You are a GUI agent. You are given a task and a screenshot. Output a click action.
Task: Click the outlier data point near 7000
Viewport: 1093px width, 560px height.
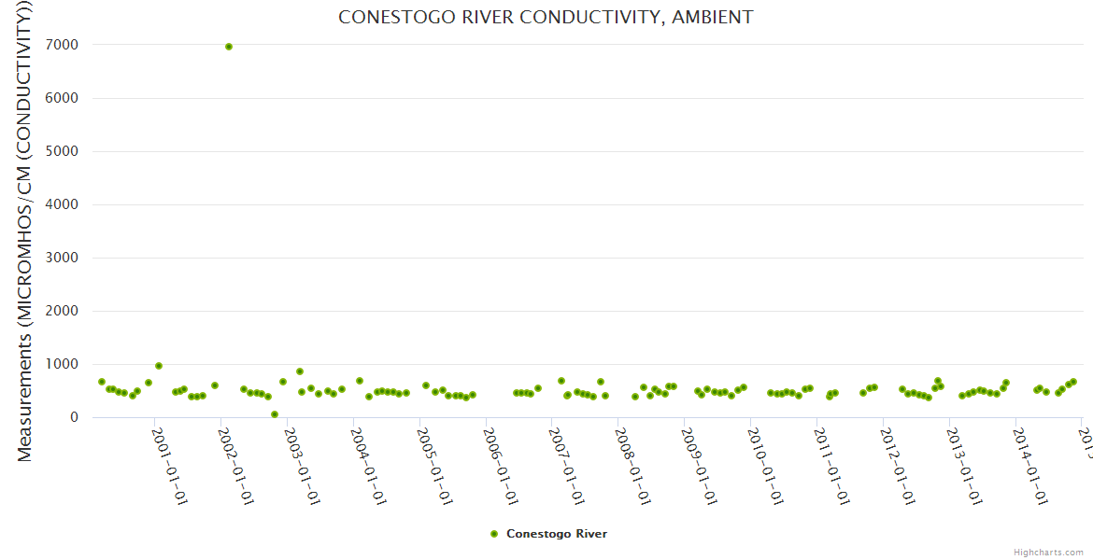click(x=229, y=47)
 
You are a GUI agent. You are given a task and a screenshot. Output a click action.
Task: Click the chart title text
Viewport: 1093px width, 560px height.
click(x=546, y=18)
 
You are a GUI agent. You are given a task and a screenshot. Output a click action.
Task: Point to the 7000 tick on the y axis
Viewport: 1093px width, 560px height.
click(x=64, y=45)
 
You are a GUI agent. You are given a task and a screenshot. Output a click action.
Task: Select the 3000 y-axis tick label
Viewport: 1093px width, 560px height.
click(x=64, y=258)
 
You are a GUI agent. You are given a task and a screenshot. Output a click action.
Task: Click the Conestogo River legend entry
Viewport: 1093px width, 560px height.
click(x=556, y=534)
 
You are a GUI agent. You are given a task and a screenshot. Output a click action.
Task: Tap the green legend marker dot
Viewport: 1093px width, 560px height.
click(x=494, y=534)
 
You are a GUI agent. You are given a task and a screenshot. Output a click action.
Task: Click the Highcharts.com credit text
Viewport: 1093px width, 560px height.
click(x=1048, y=553)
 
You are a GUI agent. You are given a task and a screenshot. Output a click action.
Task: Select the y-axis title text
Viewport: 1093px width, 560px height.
click(x=25, y=229)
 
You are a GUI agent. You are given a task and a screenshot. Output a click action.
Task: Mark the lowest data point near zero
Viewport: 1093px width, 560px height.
click(x=275, y=414)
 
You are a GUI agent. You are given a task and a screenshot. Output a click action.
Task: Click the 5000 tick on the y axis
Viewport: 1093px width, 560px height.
click(x=64, y=151)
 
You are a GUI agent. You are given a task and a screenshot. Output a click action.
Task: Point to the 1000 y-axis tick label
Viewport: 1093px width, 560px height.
click(x=64, y=364)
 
